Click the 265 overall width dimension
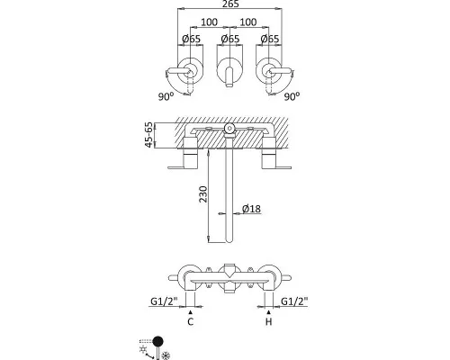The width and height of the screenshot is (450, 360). (x=230, y=4)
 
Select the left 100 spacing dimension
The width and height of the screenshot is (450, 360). (x=210, y=22)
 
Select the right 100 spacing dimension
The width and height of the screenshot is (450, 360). (x=248, y=22)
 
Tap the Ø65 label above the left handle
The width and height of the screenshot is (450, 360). (x=191, y=39)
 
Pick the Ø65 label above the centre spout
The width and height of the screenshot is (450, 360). (x=230, y=39)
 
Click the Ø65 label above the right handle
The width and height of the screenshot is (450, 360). (x=270, y=39)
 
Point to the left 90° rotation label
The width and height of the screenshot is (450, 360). (x=166, y=96)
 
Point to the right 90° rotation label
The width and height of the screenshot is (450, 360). (x=292, y=96)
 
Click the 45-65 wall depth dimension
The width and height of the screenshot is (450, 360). (x=149, y=135)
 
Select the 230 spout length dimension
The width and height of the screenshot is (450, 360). (x=203, y=194)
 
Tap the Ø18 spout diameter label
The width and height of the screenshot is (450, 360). (x=251, y=209)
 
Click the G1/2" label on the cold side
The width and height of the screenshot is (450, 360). (x=164, y=301)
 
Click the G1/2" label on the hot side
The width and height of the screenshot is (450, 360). (x=294, y=301)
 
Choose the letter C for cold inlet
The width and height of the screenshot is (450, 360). (x=191, y=321)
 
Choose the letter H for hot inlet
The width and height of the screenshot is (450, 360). (x=269, y=321)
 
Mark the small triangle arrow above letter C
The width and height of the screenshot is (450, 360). (x=191, y=312)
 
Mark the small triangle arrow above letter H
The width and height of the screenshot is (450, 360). (x=269, y=312)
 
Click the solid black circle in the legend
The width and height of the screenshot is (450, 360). (x=157, y=341)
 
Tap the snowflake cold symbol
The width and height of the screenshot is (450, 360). (x=166, y=356)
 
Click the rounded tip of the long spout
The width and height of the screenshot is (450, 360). (x=229, y=240)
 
